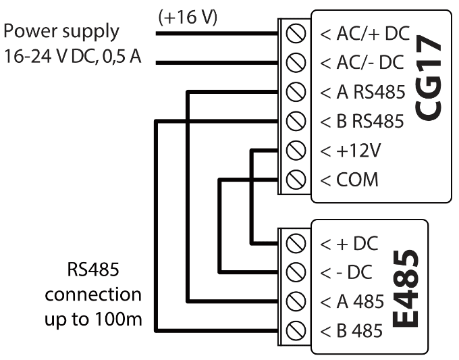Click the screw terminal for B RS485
pyautogui.click(x=294, y=121)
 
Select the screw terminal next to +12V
pyautogui.click(x=294, y=150)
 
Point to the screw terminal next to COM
pyautogui.click(x=294, y=179)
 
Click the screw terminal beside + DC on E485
pyautogui.click(x=294, y=242)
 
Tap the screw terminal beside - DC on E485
pyautogui.click(x=294, y=272)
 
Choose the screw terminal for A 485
pyautogui.click(x=294, y=301)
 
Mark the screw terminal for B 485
pyautogui.click(x=294, y=330)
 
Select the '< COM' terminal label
pyautogui.click(x=348, y=180)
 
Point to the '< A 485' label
pyautogui.click(x=351, y=301)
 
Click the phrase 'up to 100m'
pyautogui.click(x=96, y=317)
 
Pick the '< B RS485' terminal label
pyautogui.click(x=361, y=121)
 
